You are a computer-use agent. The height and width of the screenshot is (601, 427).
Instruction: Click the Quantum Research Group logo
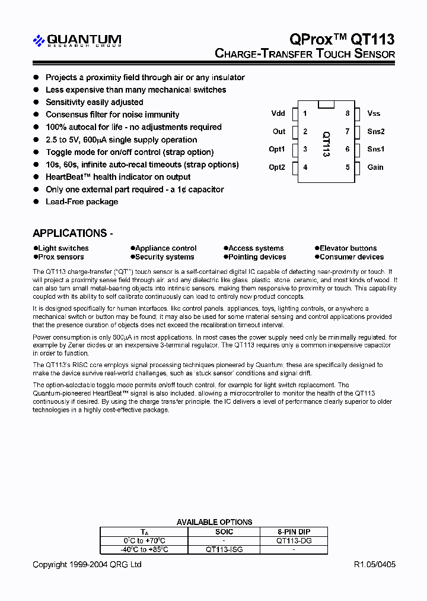[x=77, y=40]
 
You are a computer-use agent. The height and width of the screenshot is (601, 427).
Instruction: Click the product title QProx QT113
[x=342, y=39]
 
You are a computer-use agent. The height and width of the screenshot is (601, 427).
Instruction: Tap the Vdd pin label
[x=278, y=113]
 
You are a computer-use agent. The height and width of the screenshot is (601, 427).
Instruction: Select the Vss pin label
[x=374, y=113]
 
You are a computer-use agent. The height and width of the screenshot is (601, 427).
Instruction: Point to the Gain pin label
[x=375, y=167]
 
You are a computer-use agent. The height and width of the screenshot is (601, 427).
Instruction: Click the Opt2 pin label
[x=277, y=167]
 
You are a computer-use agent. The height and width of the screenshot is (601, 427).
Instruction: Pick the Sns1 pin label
[x=375, y=149]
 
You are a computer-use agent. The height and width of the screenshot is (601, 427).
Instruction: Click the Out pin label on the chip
[x=279, y=131]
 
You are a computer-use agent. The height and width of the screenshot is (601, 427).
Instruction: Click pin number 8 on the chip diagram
[x=348, y=113]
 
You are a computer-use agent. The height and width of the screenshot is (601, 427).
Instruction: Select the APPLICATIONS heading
[x=72, y=233]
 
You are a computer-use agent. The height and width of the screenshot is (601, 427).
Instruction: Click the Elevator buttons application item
[x=348, y=248]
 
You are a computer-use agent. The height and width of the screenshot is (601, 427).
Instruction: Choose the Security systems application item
[x=164, y=257]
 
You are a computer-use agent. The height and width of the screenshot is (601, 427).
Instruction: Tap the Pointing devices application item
[x=257, y=257]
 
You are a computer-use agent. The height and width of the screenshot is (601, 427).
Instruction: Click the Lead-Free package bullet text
[x=82, y=202]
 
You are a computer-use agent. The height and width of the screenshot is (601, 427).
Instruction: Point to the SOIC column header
[x=224, y=532]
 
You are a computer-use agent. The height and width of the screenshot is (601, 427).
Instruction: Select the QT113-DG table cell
[x=294, y=541]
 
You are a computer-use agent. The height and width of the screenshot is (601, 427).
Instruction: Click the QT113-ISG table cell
[x=224, y=550]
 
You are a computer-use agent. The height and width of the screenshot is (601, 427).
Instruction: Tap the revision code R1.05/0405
[x=374, y=565]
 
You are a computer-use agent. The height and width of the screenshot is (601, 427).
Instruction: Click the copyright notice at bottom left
[x=87, y=565]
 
